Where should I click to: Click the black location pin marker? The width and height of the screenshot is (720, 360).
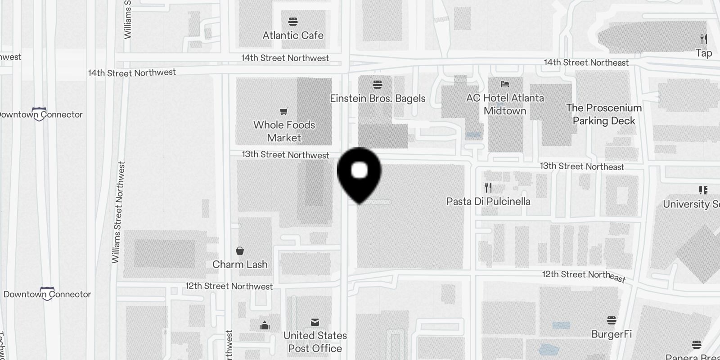click(x=359, y=173)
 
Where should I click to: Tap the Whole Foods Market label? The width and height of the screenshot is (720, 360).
click(x=284, y=131)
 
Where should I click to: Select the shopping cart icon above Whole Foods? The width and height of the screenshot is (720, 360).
click(x=284, y=111)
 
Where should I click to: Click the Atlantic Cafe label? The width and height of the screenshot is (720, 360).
click(x=293, y=35)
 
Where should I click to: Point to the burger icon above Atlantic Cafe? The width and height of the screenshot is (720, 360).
click(x=293, y=21)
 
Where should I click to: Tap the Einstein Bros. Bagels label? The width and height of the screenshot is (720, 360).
click(x=378, y=99)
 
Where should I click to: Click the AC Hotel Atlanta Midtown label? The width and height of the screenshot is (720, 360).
click(x=505, y=104)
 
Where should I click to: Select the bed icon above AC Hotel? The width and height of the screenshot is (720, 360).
click(x=505, y=84)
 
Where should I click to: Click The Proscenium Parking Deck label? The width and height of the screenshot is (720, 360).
click(x=604, y=114)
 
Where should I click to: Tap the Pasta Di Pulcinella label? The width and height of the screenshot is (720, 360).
click(x=488, y=201)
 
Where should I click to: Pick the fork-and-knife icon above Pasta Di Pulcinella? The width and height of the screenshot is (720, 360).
click(x=488, y=187)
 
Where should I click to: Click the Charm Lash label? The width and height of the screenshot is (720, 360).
click(x=240, y=264)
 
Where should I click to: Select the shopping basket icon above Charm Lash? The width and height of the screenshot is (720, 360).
click(x=240, y=251)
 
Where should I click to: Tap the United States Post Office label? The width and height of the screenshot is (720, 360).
click(x=315, y=342)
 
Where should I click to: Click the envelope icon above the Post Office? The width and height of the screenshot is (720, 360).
click(x=315, y=322)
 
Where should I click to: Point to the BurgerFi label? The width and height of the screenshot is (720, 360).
click(x=612, y=334)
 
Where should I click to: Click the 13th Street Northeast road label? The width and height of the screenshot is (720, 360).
click(x=582, y=166)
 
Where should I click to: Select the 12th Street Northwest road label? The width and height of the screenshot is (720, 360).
click(x=229, y=286)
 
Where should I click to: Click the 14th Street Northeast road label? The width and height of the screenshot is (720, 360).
click(x=586, y=63)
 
